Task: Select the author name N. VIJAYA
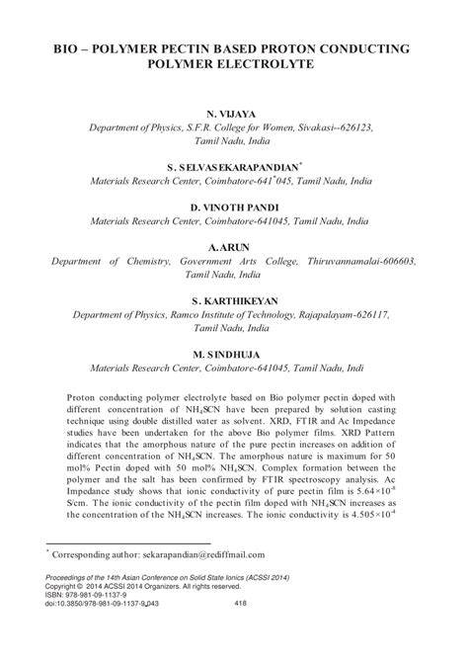[234, 116]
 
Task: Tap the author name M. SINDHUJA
[234, 353]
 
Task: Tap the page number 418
[243, 629]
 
